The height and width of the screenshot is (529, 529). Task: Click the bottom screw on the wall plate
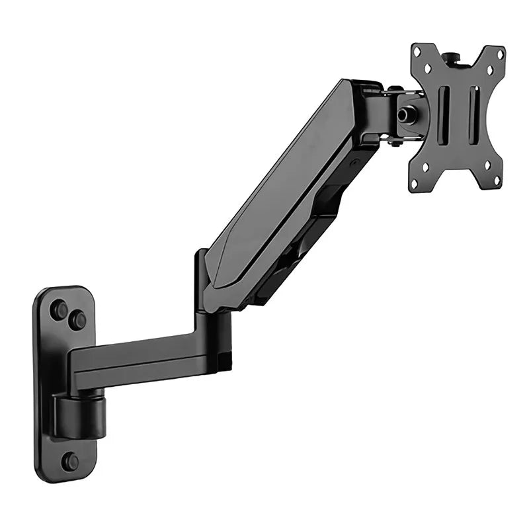tap(70, 461)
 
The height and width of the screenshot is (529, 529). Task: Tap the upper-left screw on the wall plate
tap(60, 309)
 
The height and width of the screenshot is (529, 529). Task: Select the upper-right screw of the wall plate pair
tap(79, 320)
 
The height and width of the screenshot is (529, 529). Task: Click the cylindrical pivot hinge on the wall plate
tap(81, 416)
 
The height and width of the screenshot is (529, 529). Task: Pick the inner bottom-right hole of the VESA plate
tap(486, 164)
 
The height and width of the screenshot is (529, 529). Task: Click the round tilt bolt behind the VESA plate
tap(403, 114)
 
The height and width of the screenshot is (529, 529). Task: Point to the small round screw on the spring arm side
tap(354, 162)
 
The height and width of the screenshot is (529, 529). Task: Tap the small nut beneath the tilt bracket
tap(395, 142)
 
